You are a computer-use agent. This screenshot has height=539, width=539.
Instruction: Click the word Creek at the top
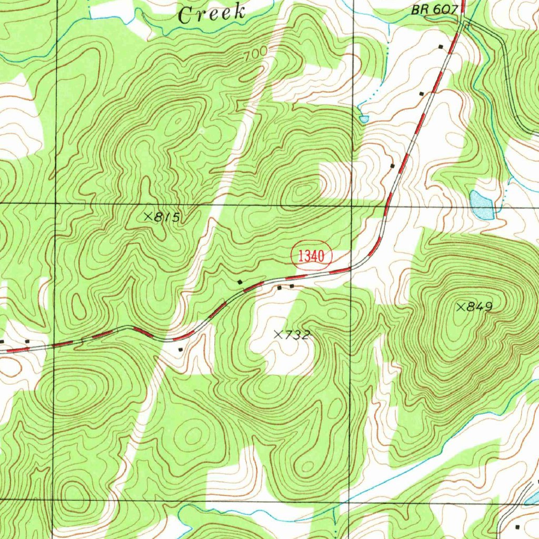click(212, 13)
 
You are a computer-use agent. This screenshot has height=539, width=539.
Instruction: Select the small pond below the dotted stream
click(364, 119)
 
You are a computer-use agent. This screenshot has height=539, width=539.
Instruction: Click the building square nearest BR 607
click(441, 47)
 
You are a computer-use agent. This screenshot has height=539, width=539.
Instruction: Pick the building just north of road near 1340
click(241, 283)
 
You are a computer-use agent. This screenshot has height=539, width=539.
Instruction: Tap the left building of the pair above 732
click(280, 288)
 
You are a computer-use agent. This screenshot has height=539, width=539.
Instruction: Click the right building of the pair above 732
click(292, 286)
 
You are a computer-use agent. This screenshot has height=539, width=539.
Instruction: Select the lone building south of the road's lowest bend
click(181, 349)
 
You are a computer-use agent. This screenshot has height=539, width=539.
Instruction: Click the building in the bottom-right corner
click(517, 527)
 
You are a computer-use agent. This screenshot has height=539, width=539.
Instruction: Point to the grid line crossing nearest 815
click(55, 203)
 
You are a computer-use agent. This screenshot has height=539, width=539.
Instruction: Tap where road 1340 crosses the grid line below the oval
click(351, 269)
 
